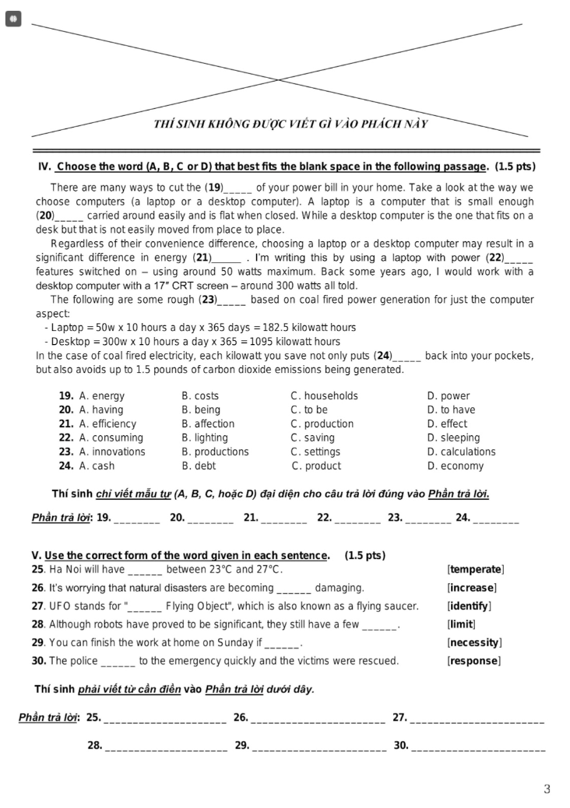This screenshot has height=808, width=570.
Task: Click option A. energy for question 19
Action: click(x=101, y=396)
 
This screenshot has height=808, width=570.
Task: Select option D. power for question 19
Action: click(x=449, y=396)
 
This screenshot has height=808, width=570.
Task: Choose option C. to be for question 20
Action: click(x=309, y=410)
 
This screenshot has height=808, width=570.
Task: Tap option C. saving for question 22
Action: click(x=312, y=438)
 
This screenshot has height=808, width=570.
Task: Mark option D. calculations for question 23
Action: click(x=461, y=452)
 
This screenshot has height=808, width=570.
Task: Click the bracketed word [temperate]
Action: click(x=476, y=570)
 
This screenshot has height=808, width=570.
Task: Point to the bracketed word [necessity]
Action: click(x=474, y=643)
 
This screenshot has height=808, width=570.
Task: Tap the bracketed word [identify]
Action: click(x=469, y=606)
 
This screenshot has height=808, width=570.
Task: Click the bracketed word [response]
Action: click(x=473, y=662)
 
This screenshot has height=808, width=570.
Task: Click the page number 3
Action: click(x=547, y=789)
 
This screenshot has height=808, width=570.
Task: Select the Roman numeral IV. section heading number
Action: click(x=44, y=167)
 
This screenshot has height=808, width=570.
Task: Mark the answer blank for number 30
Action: click(x=477, y=747)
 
